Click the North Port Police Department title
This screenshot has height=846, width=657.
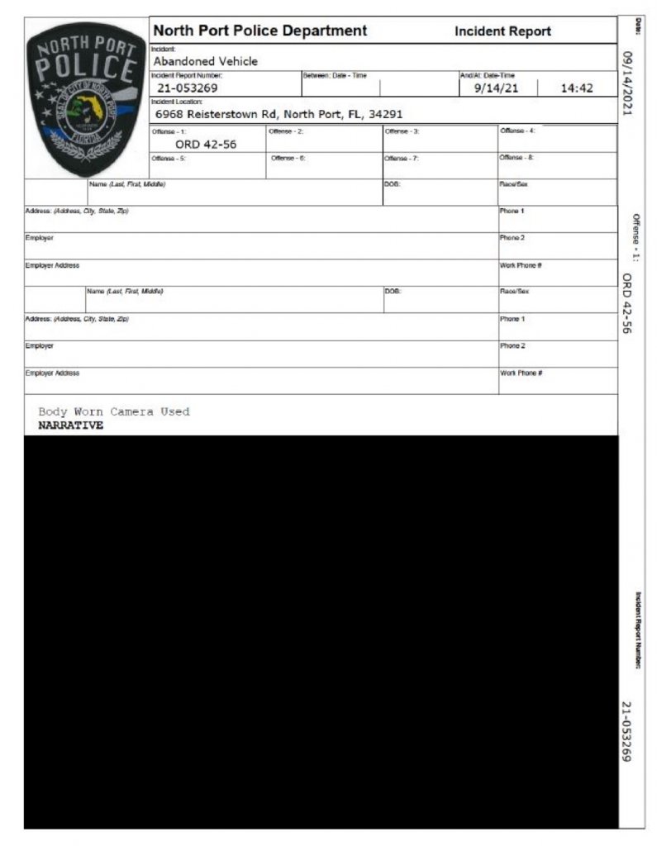tap(259, 31)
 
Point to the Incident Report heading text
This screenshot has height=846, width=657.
tap(502, 31)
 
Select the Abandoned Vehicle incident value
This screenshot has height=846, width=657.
tap(206, 61)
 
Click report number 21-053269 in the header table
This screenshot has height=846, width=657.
tap(188, 88)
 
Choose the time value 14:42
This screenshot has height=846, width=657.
tap(577, 88)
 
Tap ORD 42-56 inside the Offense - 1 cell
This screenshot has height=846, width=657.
tap(207, 143)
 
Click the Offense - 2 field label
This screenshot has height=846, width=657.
tap(286, 131)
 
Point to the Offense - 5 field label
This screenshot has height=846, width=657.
tap(169, 158)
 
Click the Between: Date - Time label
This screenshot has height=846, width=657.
tap(334, 75)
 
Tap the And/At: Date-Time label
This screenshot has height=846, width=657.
tap(487, 75)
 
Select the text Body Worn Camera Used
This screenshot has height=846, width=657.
tap(114, 411)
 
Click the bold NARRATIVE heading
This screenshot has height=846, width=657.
tap(71, 425)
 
